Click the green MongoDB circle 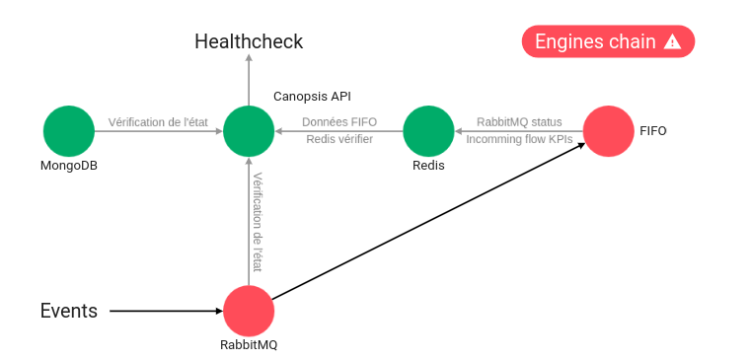pyautogui.click(x=69, y=131)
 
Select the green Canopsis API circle pyautogui.click(x=249, y=131)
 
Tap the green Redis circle pyautogui.click(x=428, y=131)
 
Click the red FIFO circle pyautogui.click(x=608, y=131)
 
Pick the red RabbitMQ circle pyautogui.click(x=249, y=311)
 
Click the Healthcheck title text pyautogui.click(x=249, y=41)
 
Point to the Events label pyautogui.click(x=69, y=311)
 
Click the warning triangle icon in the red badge pyautogui.click(x=672, y=41)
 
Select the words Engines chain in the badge pyautogui.click(x=594, y=41)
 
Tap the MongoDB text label pyautogui.click(x=69, y=166)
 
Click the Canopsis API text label pyautogui.click(x=312, y=97)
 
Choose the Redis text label pyautogui.click(x=428, y=166)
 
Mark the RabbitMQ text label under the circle pyautogui.click(x=249, y=345)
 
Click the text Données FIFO pyautogui.click(x=338, y=122)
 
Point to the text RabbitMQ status pyautogui.click(x=519, y=122)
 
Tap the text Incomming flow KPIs pyautogui.click(x=519, y=140)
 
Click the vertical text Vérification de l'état pyautogui.click(x=258, y=222)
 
